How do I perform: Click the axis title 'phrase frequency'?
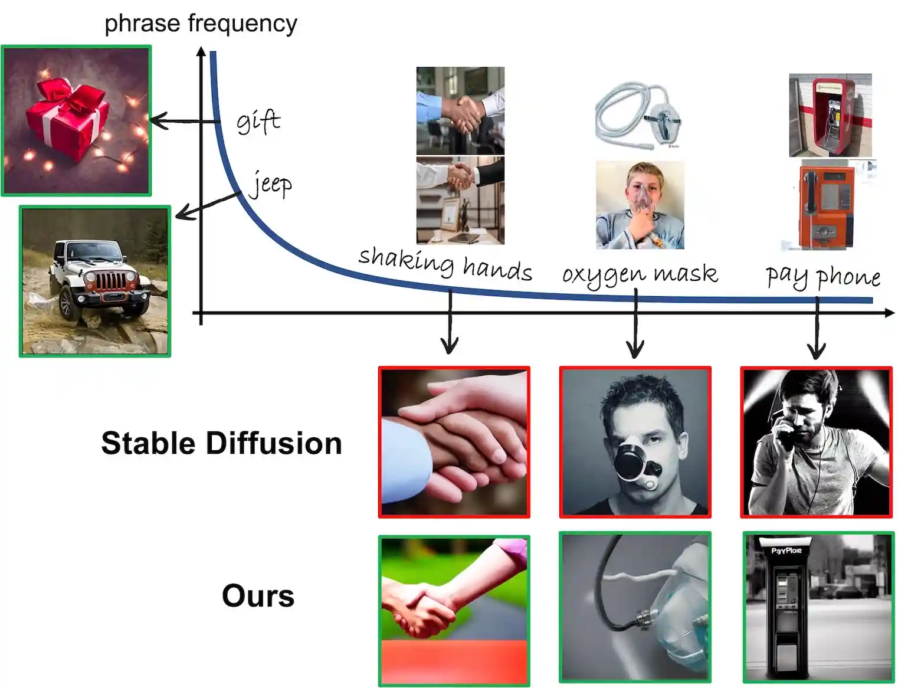coord(201,24)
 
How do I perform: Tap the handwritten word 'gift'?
coord(258,122)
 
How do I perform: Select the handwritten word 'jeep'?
coord(271,184)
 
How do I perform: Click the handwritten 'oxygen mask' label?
coord(640,274)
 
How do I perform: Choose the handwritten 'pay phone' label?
coord(823,276)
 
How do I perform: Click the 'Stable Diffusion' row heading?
coord(221,443)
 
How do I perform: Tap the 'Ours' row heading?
coord(258,595)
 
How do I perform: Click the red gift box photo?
coord(77,121)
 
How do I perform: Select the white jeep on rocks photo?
coord(95,281)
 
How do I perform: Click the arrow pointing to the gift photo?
coord(183,122)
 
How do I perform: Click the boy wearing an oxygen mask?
coord(640,205)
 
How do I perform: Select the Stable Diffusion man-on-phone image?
coord(817,443)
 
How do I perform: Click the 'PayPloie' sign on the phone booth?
coord(786,551)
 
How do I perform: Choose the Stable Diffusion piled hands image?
coord(454,443)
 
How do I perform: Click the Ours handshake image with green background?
coord(454,611)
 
